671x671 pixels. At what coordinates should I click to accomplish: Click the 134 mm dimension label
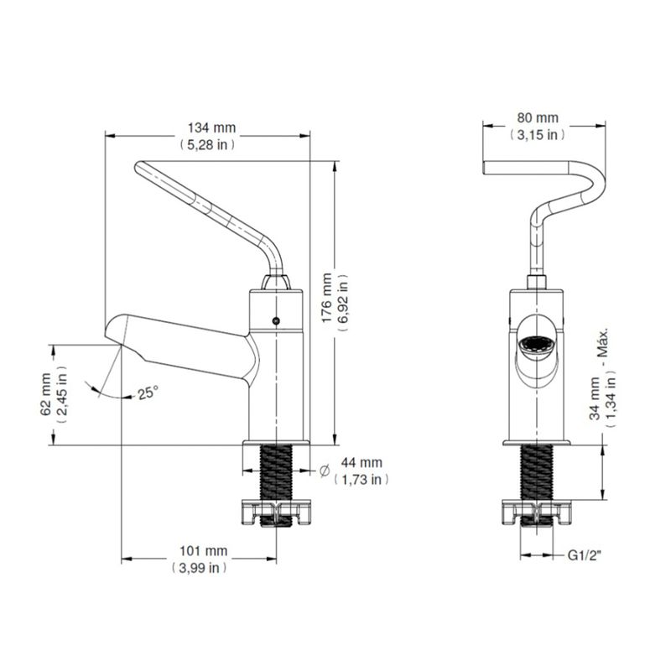coord(212,128)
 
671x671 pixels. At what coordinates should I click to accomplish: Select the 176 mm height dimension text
coord(326,299)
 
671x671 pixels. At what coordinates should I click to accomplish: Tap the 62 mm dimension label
coord(46,394)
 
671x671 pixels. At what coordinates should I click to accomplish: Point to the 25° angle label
coord(148,393)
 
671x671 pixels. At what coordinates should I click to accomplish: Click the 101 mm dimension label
coord(203,551)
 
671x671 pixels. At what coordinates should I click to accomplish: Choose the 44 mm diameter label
coord(362,462)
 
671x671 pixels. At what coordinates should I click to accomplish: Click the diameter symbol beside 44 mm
coord(325,471)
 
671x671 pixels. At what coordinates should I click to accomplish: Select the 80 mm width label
coord(538,117)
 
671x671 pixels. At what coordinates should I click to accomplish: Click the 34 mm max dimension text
coord(595,398)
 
